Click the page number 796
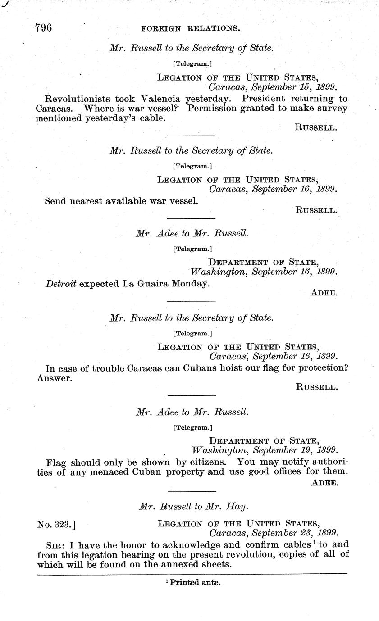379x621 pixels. [x=44, y=28]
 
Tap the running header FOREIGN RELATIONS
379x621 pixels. [x=191, y=28]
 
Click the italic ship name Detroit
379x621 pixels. [x=61, y=284]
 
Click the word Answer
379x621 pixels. [x=54, y=378]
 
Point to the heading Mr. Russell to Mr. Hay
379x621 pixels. [x=193, y=507]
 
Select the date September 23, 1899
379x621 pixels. [x=295, y=534]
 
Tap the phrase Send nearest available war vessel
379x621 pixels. [x=121, y=201]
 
